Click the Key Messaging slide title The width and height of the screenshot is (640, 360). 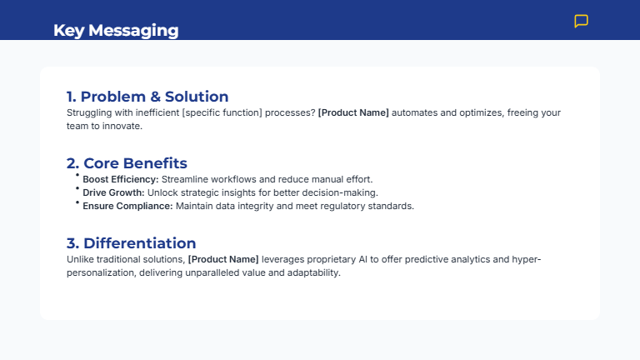click(116, 31)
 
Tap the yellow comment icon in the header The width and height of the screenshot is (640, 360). click(582, 22)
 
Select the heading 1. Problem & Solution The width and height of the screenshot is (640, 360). click(147, 97)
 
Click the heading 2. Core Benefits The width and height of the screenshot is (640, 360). click(127, 163)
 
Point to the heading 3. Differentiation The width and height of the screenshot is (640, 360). click(132, 243)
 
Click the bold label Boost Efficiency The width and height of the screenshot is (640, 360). click(120, 179)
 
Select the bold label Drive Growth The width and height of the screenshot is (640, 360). click(113, 192)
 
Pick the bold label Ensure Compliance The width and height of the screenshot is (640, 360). click(127, 206)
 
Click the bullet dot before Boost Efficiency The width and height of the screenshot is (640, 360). click(77, 176)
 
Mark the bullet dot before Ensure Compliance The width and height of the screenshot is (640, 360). click(77, 202)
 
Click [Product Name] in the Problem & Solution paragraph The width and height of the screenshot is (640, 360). click(353, 112)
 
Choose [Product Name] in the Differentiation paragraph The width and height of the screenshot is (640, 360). click(223, 259)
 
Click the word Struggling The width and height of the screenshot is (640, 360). click(88, 112)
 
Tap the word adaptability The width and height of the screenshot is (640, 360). click(311, 272)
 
